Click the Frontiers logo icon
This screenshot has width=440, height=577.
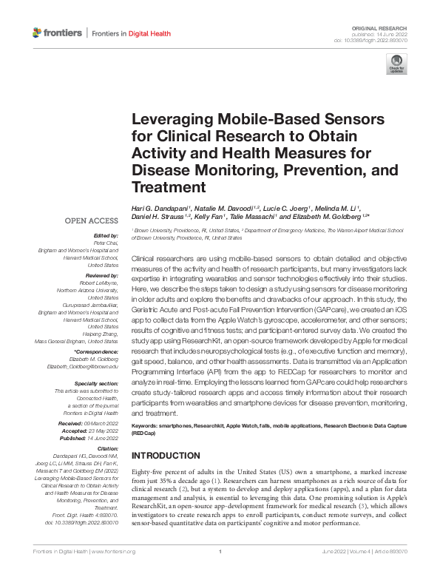(x=38, y=33)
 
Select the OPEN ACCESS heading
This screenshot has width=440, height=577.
(x=91, y=220)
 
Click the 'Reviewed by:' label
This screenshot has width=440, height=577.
(x=100, y=274)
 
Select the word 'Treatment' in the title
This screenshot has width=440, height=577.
(x=163, y=186)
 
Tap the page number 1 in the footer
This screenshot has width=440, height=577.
(x=220, y=572)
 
